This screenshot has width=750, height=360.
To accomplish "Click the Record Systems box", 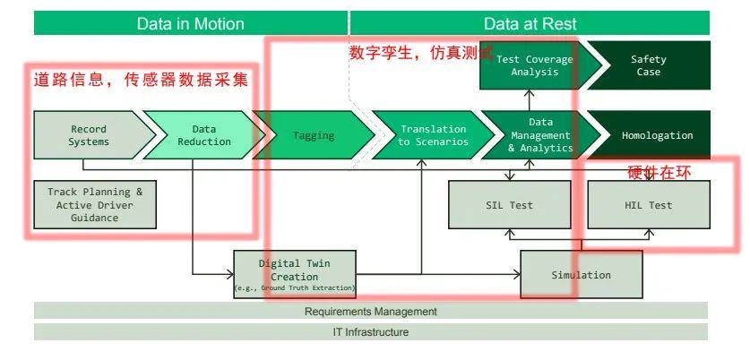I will point(89,135).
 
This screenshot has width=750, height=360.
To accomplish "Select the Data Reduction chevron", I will point(197,135).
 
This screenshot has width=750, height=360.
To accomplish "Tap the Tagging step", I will point(314,135).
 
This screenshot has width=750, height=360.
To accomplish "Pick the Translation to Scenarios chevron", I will point(432,135).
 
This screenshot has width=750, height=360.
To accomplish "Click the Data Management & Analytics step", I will point(539,135).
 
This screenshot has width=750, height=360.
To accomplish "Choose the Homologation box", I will point(656,135).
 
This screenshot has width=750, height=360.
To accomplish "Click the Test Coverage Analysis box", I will point(534,65).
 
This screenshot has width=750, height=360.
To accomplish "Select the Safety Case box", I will point(649,65).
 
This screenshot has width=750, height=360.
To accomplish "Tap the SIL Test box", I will point(509,205).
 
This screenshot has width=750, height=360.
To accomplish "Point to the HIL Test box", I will point(648,205).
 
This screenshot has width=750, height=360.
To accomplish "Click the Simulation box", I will point(581,274).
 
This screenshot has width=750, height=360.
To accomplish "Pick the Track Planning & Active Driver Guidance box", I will point(95,204).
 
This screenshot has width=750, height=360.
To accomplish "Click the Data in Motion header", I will point(190,23).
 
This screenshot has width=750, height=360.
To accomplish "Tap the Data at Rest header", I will point(530,23).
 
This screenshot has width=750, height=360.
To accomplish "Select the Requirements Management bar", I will point(371,312).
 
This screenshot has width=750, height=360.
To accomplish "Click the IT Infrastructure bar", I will point(371,332).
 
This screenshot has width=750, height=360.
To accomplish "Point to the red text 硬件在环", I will point(659,171).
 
